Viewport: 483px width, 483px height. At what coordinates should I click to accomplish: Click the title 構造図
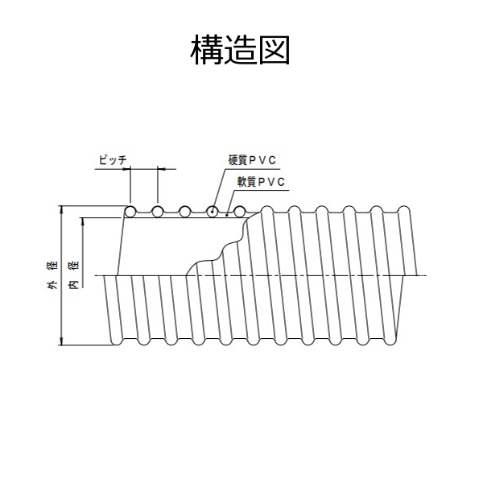241,50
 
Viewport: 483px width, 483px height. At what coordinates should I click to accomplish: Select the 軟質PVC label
261,182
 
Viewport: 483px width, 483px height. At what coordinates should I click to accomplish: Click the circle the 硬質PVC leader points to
213,211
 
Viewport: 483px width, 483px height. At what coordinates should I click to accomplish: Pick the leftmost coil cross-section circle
130,211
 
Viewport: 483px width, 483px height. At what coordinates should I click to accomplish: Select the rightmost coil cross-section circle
240,211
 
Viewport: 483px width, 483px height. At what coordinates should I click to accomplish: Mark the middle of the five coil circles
185,211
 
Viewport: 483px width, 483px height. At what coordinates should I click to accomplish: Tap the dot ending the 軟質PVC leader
229,215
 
